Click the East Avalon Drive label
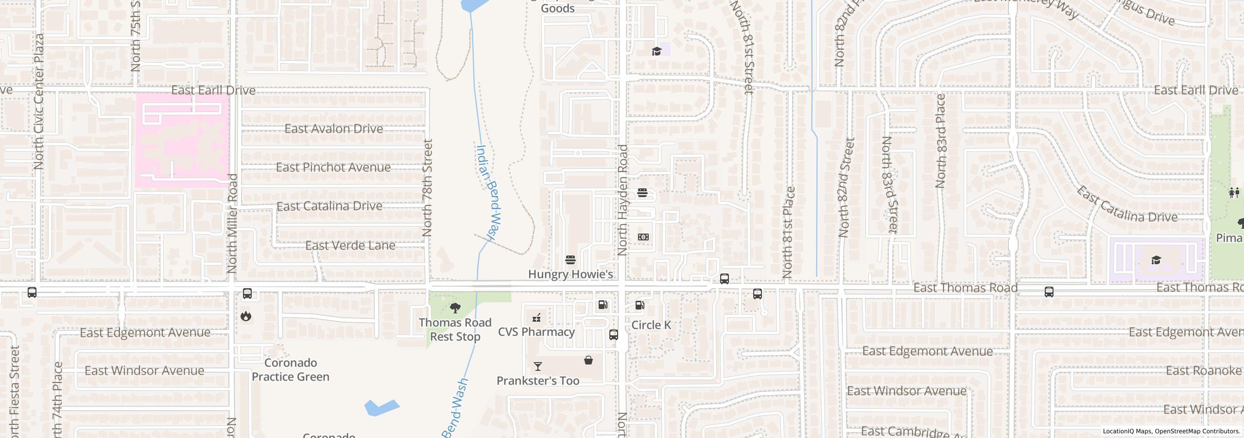tap(333, 129)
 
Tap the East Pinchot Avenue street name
tap(333, 167)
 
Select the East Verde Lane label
tap(350, 246)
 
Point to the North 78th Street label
tap(427, 188)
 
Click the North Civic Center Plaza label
tap(39, 101)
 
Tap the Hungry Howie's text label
tap(570, 274)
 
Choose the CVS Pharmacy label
tap(536, 332)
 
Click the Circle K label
tap(651, 325)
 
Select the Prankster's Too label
tap(537, 381)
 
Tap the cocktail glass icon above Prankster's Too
tap(537, 366)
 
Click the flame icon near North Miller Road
tap(246, 316)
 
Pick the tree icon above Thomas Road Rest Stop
tap(455, 308)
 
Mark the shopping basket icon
tap(588, 361)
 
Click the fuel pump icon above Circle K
tap(640, 305)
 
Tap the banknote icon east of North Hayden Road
tap(643, 237)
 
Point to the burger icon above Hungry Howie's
tap(570, 259)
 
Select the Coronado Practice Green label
tap(291, 370)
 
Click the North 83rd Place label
tap(940, 141)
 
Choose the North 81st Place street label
tap(788, 233)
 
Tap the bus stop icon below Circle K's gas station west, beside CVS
tap(613, 335)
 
